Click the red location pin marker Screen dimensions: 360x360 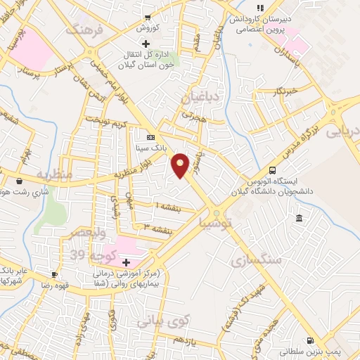click(181, 165)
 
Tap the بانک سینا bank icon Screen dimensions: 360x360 click(150, 137)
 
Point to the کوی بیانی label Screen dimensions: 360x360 click(164, 322)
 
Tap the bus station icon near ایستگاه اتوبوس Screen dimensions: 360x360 click(272, 171)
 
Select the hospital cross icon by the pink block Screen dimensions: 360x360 click(126, 261)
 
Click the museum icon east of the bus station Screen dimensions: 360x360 click(300, 219)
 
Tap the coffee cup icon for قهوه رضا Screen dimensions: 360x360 click(55, 274)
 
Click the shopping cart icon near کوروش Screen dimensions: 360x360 click(148, 17)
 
